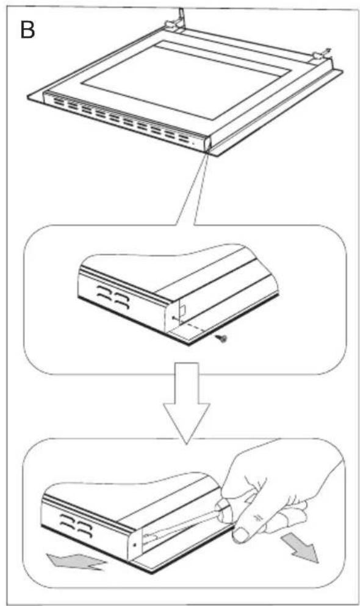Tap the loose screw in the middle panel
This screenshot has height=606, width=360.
tap(223, 337)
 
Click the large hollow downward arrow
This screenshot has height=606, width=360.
tap(187, 403)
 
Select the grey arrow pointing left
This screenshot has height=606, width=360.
tap(76, 559)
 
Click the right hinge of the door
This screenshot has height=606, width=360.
tap(320, 57)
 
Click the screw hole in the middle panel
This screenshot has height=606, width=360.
tap(175, 319)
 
